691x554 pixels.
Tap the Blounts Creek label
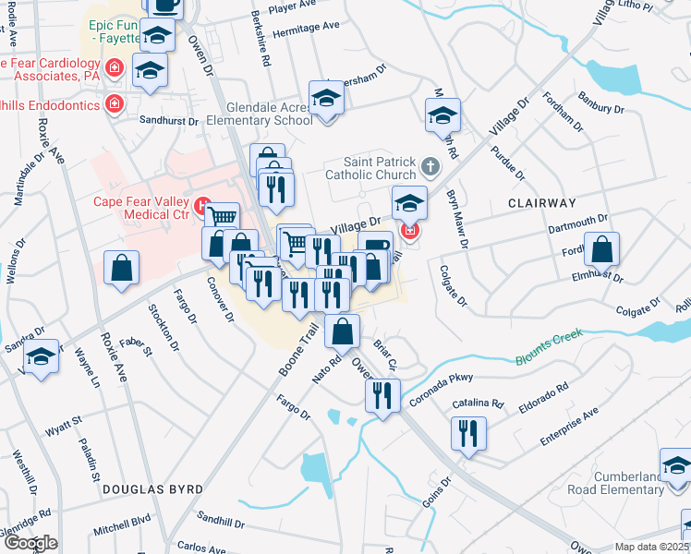(551, 348)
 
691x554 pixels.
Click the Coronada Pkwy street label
(448, 379)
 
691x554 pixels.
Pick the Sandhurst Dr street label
(169, 121)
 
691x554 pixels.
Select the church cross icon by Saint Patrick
(429, 167)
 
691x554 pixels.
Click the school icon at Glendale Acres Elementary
(326, 98)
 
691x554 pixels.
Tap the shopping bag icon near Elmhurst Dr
(601, 249)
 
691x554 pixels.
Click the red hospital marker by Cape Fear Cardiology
(115, 67)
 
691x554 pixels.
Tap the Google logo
(31, 544)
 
